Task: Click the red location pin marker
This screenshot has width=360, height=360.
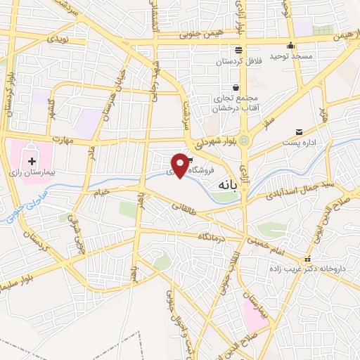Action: tap(181, 164)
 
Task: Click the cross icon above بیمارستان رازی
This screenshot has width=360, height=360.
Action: tap(31, 161)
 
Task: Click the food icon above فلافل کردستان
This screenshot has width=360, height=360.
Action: tap(239, 49)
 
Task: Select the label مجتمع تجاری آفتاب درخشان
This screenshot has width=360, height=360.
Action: tap(235, 102)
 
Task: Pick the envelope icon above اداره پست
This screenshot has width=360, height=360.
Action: tap(300, 131)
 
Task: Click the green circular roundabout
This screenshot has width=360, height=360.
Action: tap(244, 141)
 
